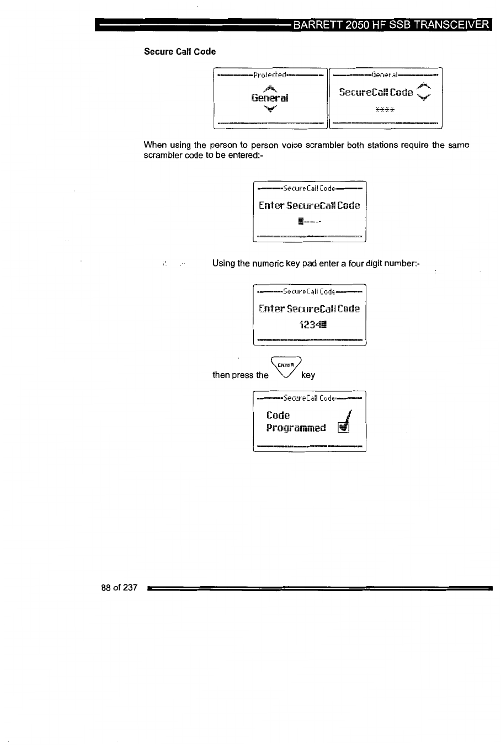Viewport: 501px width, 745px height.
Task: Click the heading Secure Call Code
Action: coord(180,51)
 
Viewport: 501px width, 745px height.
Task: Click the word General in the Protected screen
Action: coord(269,98)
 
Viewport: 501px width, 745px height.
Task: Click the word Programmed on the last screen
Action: coord(296,428)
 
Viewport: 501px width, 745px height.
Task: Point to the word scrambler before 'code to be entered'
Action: coord(161,155)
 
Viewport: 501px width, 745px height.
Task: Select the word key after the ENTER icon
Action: coord(308,375)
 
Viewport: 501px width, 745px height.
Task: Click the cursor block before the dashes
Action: coord(301,222)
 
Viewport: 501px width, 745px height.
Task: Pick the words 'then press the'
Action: coord(241,375)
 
